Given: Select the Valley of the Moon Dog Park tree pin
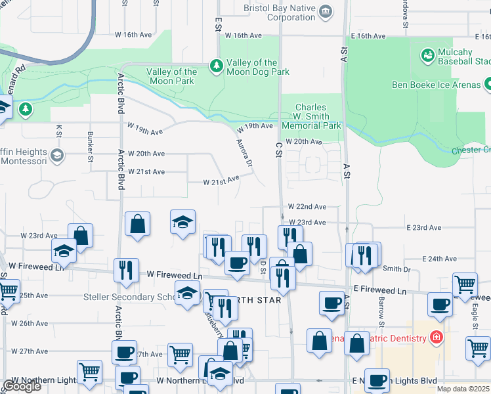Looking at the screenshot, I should (216, 66).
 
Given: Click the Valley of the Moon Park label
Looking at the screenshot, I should (171, 76).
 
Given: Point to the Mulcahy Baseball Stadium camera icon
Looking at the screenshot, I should (429, 56).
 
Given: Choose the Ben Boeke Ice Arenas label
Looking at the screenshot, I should (436, 85).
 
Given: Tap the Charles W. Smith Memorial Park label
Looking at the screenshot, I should (311, 116).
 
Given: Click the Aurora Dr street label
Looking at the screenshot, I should (245, 152).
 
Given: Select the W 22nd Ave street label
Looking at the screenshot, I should (307, 206).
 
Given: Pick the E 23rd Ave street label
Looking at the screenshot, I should (423, 227).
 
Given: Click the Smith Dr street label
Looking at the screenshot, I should (396, 269).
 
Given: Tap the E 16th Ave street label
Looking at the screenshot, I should (372, 36).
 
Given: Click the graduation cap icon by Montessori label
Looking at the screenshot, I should (57, 156).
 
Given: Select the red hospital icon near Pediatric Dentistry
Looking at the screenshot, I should (436, 339).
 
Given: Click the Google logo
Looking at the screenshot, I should (22, 386).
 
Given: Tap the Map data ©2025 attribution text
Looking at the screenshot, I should (463, 389).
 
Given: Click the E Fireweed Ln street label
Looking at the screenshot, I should (380, 290).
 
